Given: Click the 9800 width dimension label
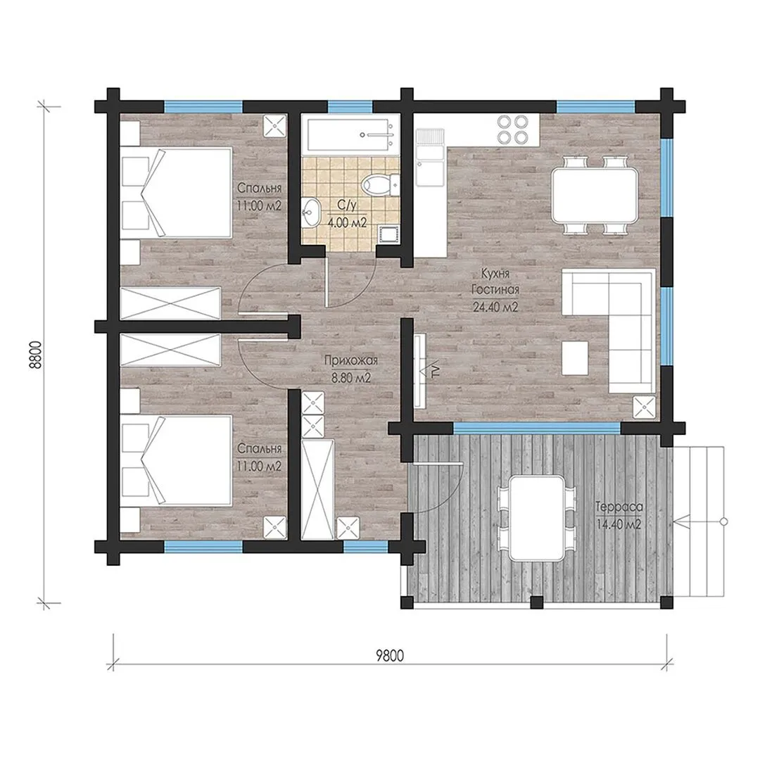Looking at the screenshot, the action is pyautogui.click(x=390, y=655).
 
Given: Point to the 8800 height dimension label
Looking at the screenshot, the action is pyautogui.click(x=37, y=355).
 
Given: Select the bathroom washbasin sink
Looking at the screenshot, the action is pyautogui.click(x=311, y=212).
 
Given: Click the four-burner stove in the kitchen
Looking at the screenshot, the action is pyautogui.click(x=513, y=129).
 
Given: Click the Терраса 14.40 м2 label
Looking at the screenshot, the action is pyautogui.click(x=619, y=516).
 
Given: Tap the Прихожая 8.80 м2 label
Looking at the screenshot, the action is pyautogui.click(x=351, y=369).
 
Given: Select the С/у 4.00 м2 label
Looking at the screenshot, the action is pyautogui.click(x=347, y=214).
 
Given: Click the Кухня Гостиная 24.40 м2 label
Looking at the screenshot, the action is pyautogui.click(x=495, y=290).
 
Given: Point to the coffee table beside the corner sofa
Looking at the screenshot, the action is pyautogui.click(x=575, y=357).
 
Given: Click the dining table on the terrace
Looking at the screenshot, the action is pyautogui.click(x=537, y=518).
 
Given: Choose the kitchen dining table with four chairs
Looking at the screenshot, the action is pyautogui.click(x=594, y=195).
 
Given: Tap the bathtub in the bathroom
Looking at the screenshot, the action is pyautogui.click(x=350, y=134).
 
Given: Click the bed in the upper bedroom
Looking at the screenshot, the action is pyautogui.click(x=177, y=192).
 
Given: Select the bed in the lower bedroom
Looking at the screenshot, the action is pyautogui.click(x=177, y=460).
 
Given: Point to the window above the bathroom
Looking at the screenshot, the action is pyautogui.click(x=350, y=106).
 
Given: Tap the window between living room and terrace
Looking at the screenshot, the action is pyautogui.click(x=536, y=428).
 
